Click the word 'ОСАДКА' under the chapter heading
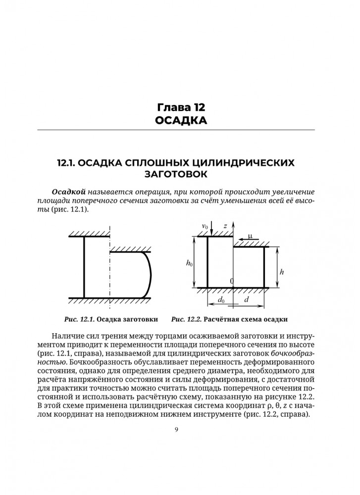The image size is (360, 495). pyautogui.click(x=180, y=120)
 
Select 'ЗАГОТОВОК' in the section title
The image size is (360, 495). pyautogui.click(x=180, y=174)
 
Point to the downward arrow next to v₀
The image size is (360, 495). pyautogui.click(x=211, y=229)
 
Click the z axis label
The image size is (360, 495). pyautogui.click(x=225, y=226)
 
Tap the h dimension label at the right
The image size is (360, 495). pyautogui.click(x=282, y=271)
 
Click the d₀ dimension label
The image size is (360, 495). pyautogui.click(x=221, y=300)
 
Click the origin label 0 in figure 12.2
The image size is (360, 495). pyautogui.click(x=231, y=281)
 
